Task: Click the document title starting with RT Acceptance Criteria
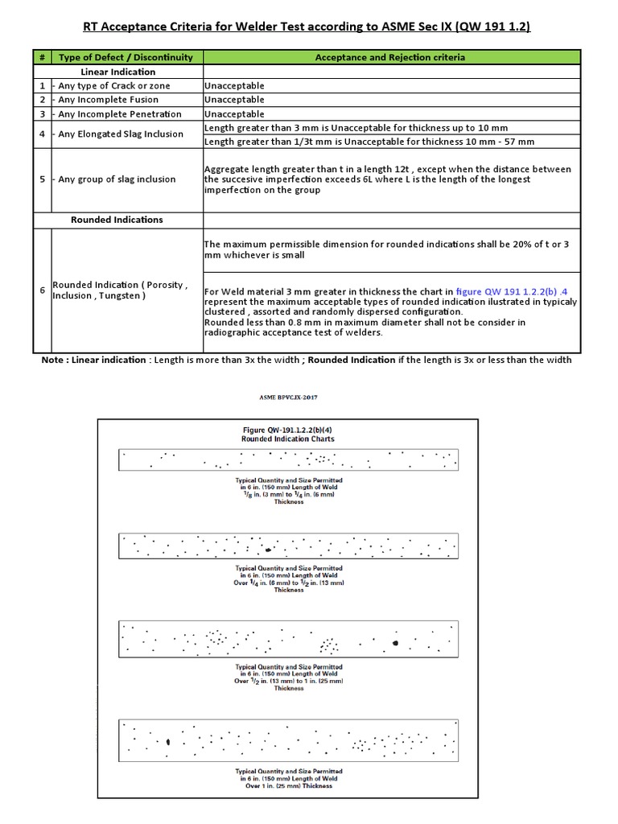[x=308, y=27]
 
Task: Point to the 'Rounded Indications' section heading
[x=128, y=219]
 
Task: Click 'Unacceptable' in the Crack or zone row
[x=234, y=85]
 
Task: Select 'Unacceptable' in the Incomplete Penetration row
[x=234, y=114]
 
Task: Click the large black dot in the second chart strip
[x=267, y=550]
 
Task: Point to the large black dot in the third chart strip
[x=396, y=643]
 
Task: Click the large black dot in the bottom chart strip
[x=167, y=742]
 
